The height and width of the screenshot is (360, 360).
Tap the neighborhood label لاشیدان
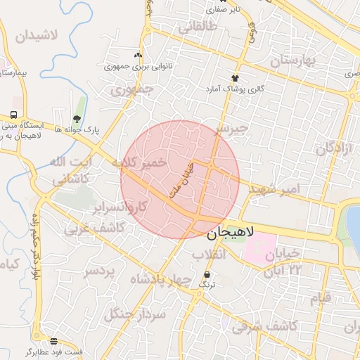[28, 34]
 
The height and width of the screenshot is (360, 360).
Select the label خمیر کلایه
[143, 162]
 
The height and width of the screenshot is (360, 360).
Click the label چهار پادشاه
[160, 280]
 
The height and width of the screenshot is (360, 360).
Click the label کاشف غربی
[95, 229]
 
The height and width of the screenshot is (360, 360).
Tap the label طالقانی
[198, 27]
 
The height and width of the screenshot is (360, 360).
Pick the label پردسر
[99, 271]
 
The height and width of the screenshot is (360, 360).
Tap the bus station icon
[13, 115]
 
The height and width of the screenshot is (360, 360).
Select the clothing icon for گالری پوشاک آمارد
[235, 78]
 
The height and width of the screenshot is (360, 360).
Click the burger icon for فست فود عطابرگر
[54, 341]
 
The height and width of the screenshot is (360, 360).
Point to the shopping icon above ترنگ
[207, 274]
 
